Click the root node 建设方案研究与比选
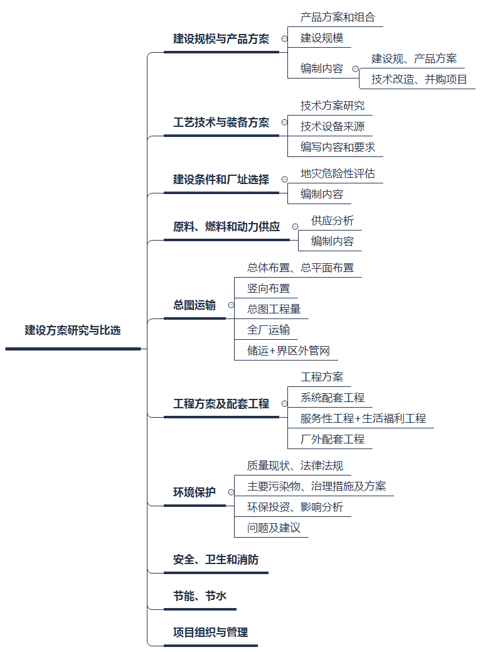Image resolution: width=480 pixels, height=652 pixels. pyautogui.click(x=73, y=330)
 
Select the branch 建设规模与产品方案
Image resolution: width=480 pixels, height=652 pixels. pyautogui.click(x=221, y=39)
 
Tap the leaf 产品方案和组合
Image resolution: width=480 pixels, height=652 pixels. pyautogui.click(x=338, y=18)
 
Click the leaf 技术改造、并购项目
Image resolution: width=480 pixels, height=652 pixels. pyautogui.click(x=419, y=79)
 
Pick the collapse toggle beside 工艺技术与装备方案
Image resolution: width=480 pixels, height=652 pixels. pyautogui.click(x=284, y=122)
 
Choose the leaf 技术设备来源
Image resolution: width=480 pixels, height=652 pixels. pyautogui.click(x=332, y=126)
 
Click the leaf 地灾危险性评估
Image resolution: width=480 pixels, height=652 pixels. pyautogui.click(x=338, y=173)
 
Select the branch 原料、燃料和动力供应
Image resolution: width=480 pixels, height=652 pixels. pyautogui.click(x=227, y=227)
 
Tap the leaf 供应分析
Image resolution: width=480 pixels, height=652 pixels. pyautogui.click(x=332, y=220)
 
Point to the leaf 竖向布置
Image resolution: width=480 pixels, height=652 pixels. pyautogui.click(x=269, y=288)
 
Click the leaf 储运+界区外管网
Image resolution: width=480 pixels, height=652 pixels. pyautogui.click(x=288, y=350)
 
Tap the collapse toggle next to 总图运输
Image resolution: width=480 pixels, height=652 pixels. pyautogui.click(x=232, y=305)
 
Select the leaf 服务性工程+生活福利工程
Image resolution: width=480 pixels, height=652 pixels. pyautogui.click(x=363, y=418)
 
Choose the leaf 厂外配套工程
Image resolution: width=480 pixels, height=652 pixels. pyautogui.click(x=332, y=439)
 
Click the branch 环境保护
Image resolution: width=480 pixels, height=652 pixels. pyautogui.click(x=195, y=492)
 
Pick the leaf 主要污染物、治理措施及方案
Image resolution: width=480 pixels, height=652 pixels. pyautogui.click(x=316, y=486)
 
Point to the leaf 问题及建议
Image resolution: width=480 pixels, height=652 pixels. pyautogui.click(x=274, y=528)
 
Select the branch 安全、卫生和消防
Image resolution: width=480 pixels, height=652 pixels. pyautogui.click(x=215, y=560)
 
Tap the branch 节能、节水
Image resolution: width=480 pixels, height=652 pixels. pyautogui.click(x=200, y=596)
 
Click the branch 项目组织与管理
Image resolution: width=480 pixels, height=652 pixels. pyautogui.click(x=210, y=633)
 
